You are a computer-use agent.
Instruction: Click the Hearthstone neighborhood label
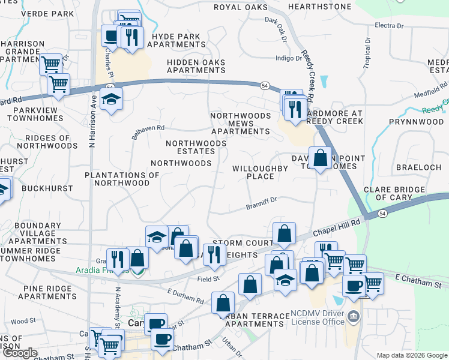(x=319, y=7)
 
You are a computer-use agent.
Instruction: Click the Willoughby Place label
(x=261, y=172)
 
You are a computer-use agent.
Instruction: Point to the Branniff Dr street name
(x=261, y=206)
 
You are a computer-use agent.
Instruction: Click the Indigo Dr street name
(x=289, y=58)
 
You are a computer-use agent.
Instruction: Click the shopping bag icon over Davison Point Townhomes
(x=321, y=158)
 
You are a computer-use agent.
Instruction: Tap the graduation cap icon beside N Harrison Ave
(x=111, y=100)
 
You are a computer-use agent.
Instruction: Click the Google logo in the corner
(x=20, y=353)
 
